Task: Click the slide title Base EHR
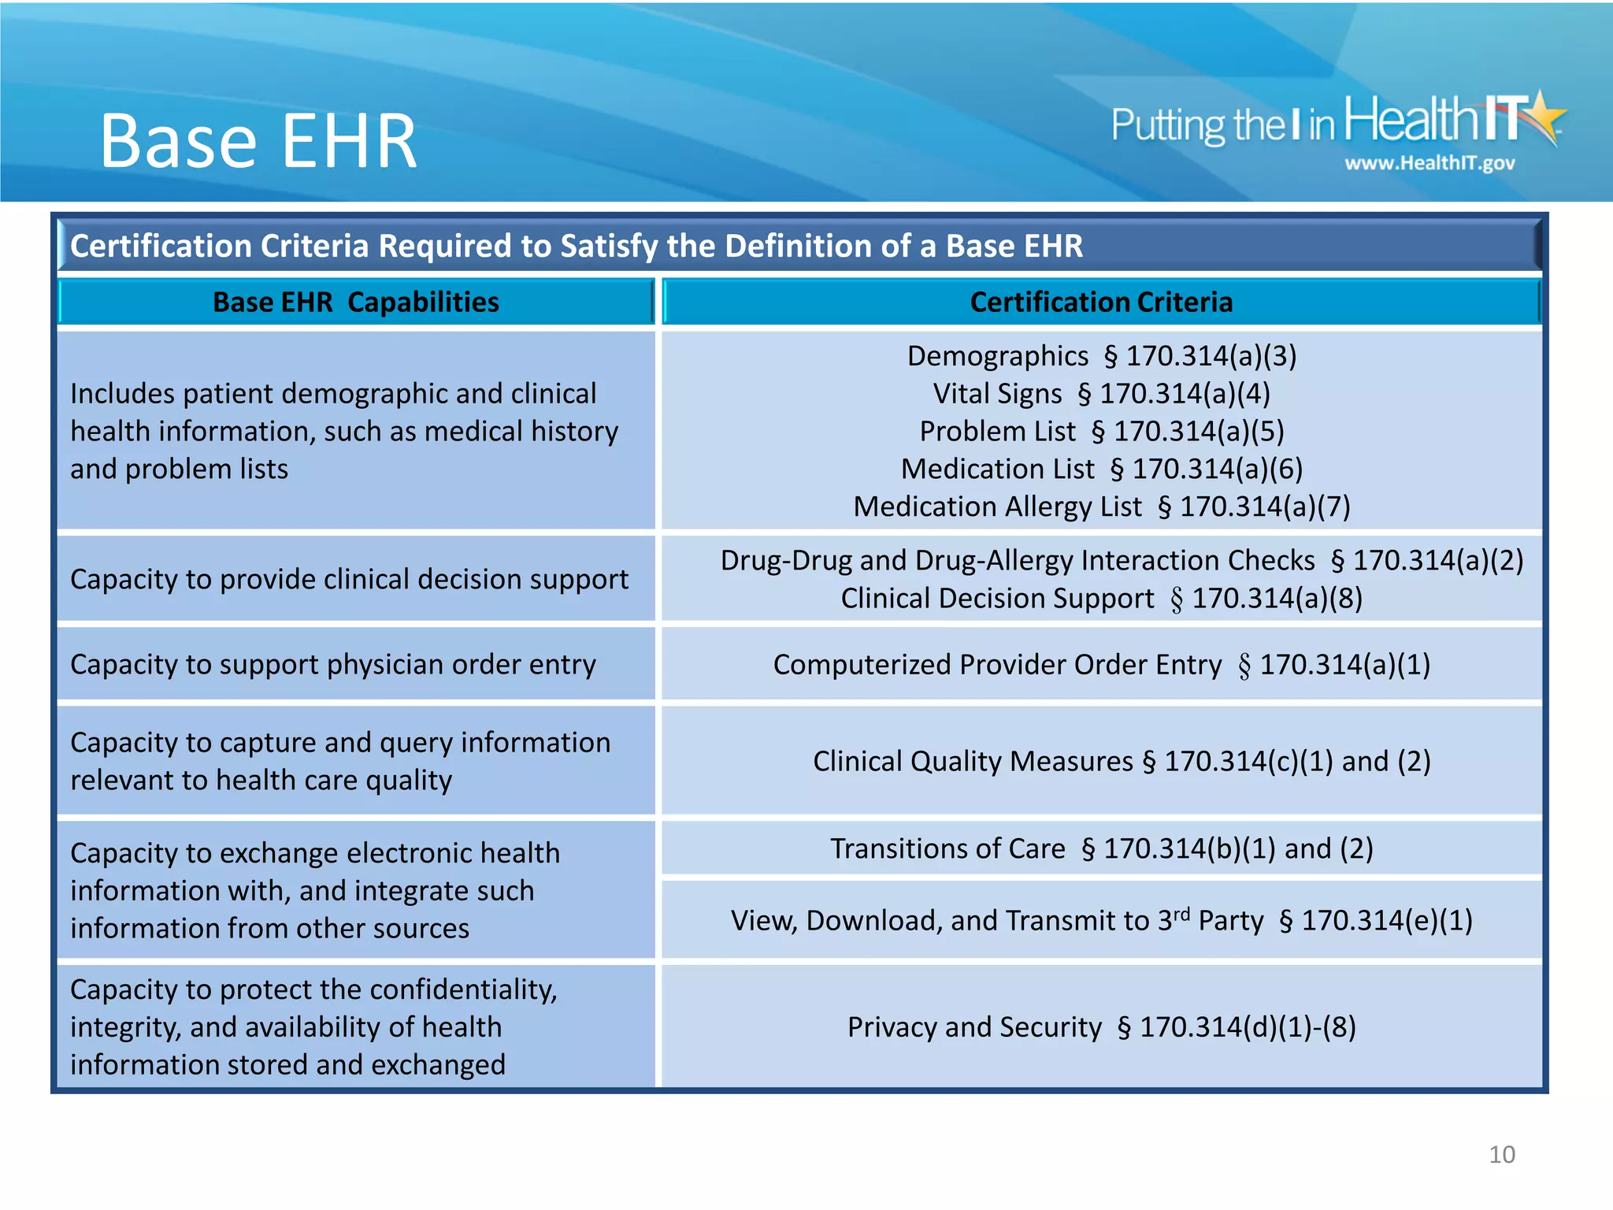(x=258, y=142)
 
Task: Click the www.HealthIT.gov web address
(x=1429, y=163)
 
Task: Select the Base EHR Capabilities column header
(x=356, y=302)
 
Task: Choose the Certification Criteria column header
(x=1101, y=302)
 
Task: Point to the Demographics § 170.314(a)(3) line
(x=1101, y=356)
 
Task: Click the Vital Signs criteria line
(x=1101, y=394)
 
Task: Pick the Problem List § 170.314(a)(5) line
(x=1101, y=432)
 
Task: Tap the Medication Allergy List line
(x=1101, y=507)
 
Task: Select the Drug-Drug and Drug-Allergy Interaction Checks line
(x=1122, y=560)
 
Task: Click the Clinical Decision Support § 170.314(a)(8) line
(x=1101, y=599)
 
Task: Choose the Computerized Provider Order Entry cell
(x=1101, y=665)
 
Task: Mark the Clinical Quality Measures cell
(x=1122, y=762)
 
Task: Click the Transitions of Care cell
(x=1101, y=849)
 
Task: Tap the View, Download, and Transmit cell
(x=1101, y=920)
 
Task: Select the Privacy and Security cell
(x=1101, y=1027)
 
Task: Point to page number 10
(x=1501, y=1155)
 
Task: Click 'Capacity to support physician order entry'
(x=333, y=665)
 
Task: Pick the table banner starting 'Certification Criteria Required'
(x=576, y=247)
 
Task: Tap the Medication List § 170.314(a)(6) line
(x=1101, y=470)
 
